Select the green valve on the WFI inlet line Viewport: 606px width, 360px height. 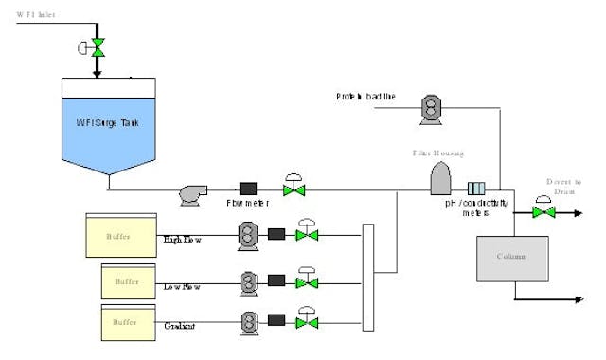[96, 47]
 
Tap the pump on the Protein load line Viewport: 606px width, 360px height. [432, 109]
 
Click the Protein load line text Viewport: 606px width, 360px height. [365, 97]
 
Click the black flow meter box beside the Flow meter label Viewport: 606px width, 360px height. [249, 190]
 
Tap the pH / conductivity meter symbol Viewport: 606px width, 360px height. [476, 189]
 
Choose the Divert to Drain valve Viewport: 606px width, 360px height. [543, 210]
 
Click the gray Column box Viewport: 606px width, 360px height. [511, 257]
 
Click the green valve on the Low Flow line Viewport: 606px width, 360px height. [306, 280]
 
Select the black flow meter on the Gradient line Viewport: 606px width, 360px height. [277, 322]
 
